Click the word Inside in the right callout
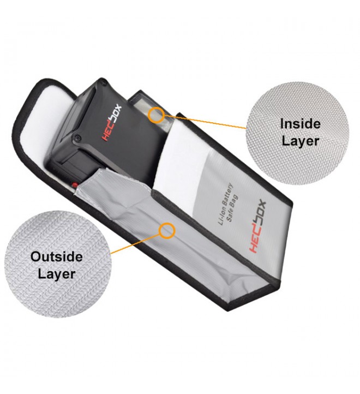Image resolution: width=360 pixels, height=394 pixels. click(300, 123)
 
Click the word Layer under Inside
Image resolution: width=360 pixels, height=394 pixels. click(300, 140)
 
